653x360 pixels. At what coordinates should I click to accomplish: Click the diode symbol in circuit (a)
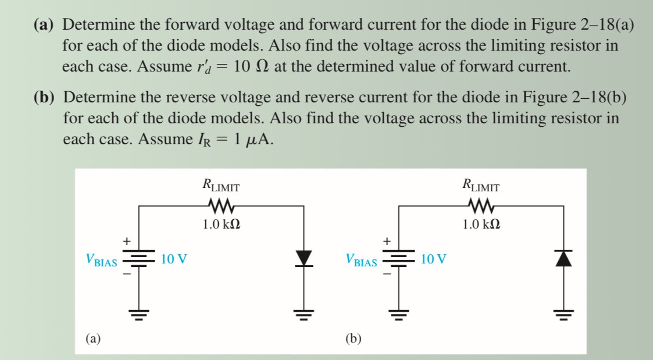pos(304,258)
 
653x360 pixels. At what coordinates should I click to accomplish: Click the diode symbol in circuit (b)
pos(563,258)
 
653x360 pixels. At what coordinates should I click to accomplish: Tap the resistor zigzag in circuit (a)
pos(221,205)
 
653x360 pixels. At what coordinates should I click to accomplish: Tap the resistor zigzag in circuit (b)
pos(481,205)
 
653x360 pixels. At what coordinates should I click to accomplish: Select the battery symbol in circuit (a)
pos(138,259)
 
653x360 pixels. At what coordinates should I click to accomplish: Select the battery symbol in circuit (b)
pos(399,259)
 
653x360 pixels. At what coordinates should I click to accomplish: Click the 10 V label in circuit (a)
pos(174,259)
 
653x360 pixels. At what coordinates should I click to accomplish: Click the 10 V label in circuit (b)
pos(434,259)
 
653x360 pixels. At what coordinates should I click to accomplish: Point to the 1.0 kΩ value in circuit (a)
pos(222,224)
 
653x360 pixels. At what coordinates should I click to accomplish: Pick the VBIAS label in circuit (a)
pos(101,261)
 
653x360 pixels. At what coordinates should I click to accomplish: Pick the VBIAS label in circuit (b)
pos(361,261)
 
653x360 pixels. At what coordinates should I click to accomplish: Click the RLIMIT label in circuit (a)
pos(221,186)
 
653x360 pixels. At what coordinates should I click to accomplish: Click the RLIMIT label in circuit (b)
pos(481,186)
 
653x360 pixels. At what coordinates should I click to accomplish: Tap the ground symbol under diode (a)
pos(304,316)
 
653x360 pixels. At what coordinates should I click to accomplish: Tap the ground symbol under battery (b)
pos(399,316)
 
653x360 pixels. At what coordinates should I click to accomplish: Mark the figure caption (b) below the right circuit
pos(353,338)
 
